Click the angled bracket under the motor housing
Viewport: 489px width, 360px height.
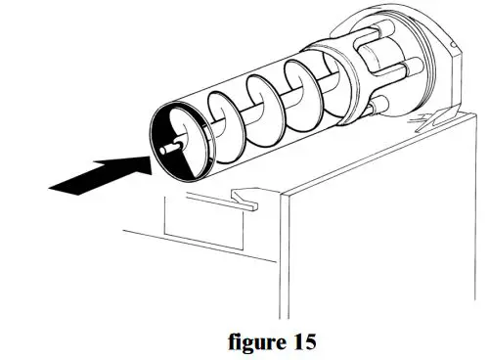click(x=430, y=122)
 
